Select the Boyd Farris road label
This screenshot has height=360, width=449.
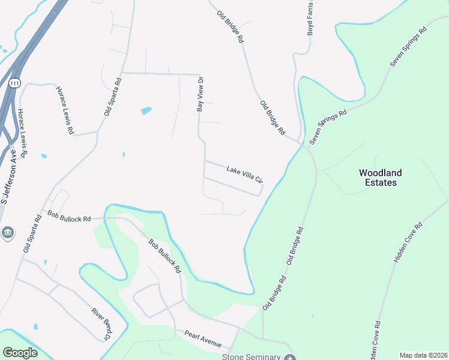click(310, 18)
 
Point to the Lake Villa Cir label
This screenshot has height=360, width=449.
click(245, 175)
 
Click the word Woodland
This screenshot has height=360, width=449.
click(381, 173)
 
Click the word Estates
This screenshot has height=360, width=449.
click(381, 182)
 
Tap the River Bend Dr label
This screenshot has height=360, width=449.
click(101, 324)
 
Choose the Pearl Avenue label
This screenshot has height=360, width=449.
click(203, 340)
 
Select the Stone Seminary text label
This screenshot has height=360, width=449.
click(252, 357)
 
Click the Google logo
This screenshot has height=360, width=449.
click(20, 353)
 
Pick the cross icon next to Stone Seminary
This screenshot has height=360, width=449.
click(290, 358)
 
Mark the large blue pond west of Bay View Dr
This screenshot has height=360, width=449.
click(146, 111)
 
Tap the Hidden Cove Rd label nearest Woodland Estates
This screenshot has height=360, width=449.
click(408, 243)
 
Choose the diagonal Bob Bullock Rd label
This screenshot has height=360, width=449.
click(164, 256)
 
